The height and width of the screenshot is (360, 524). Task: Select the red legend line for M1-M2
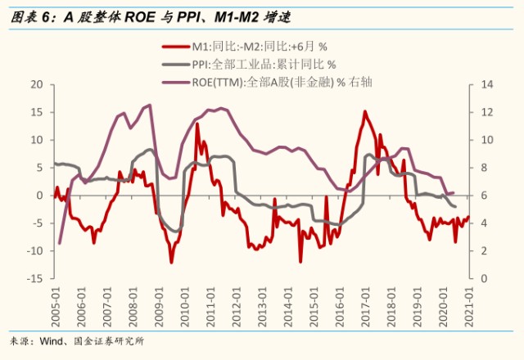[176, 47]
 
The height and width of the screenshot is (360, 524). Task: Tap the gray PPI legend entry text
[264, 64]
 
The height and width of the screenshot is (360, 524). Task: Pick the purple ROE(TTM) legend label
[282, 82]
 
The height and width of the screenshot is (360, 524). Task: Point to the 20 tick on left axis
[37, 84]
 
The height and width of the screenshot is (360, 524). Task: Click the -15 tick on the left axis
[35, 278]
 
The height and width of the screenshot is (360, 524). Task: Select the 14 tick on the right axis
[487, 84]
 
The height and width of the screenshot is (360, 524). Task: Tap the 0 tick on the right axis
[484, 278]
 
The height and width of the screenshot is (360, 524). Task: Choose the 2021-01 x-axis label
[469, 307]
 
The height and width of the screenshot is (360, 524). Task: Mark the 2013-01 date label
[262, 307]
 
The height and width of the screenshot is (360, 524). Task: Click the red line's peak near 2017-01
[364, 111]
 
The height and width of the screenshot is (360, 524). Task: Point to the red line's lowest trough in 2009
[171, 263]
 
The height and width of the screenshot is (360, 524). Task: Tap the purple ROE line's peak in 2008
[150, 105]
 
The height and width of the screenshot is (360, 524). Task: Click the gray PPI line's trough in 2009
[177, 231]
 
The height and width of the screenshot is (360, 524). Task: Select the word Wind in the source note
[51, 341]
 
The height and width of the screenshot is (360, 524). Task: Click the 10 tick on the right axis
[487, 140]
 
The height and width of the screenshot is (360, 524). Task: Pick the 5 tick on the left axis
[40, 167]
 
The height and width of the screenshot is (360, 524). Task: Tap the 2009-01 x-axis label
[159, 307]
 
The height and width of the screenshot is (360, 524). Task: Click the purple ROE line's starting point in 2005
[60, 243]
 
